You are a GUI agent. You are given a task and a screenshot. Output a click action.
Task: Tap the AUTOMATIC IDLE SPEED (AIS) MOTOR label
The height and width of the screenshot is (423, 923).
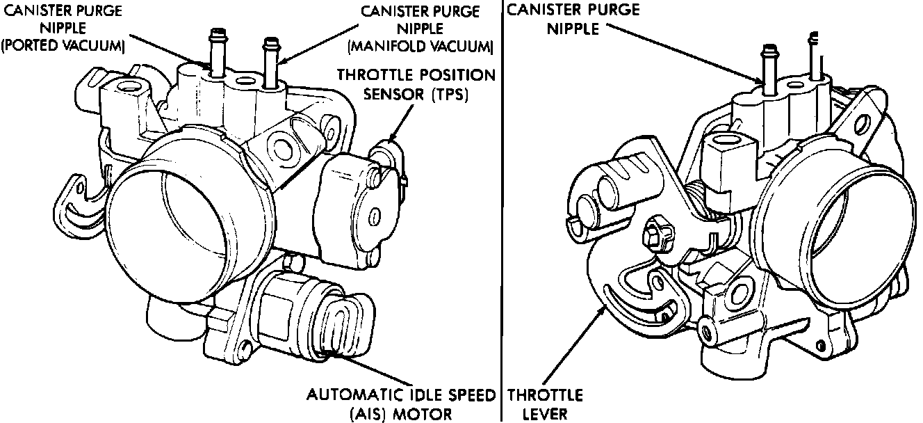click(x=402, y=405)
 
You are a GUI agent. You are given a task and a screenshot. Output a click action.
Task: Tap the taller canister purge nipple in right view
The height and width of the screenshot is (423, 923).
click(x=769, y=66)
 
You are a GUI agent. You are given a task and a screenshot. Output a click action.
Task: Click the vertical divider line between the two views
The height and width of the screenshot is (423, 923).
click(x=502, y=209)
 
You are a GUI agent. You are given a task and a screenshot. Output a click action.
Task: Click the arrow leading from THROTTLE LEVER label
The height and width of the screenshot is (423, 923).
click(x=566, y=348)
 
